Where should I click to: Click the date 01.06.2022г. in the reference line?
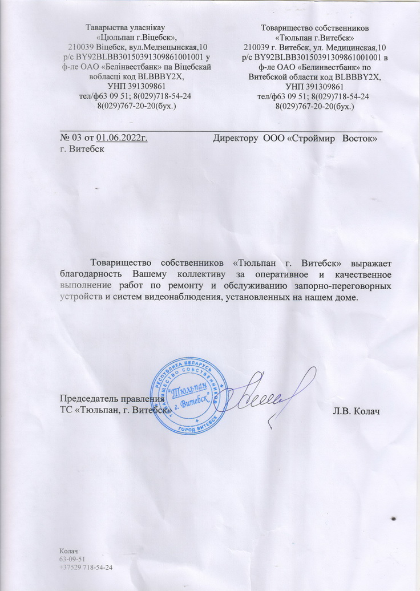(122, 138)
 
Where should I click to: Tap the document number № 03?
(70, 138)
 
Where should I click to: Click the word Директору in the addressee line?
(235, 138)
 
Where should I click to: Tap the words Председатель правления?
(112, 399)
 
